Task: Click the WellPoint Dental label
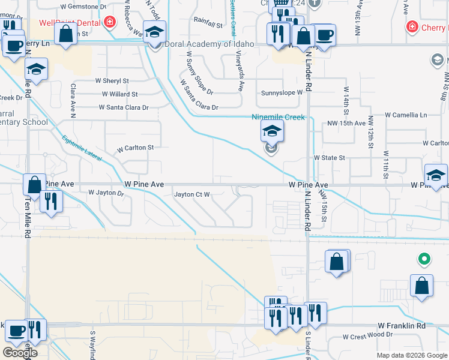coord(70,23)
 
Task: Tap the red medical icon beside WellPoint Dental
coord(109,23)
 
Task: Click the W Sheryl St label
coord(112,80)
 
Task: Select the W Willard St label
coord(119,94)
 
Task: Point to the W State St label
coord(330,158)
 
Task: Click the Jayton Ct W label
coord(191,194)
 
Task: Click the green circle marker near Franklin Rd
coord(424,259)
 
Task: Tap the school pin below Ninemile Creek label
coord(272,132)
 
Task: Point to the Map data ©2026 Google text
coord(411,355)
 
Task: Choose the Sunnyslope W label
coord(282,93)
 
